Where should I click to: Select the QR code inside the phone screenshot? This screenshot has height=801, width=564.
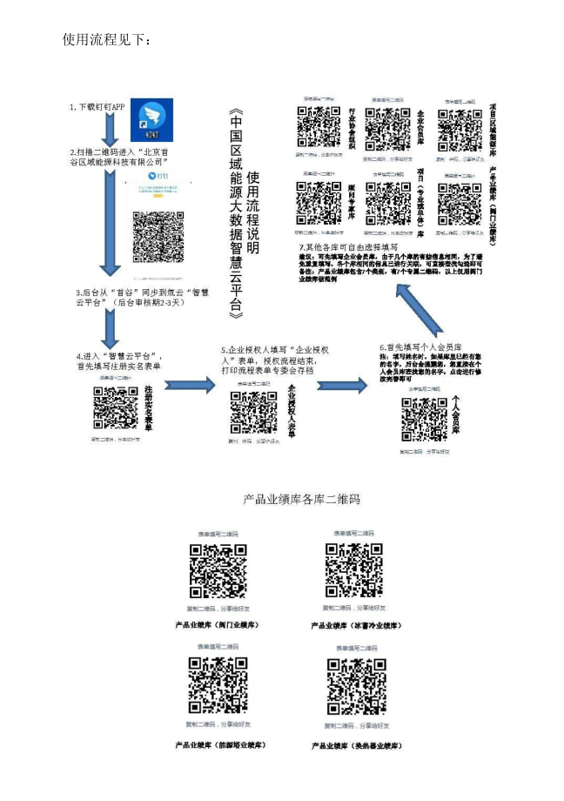[x=158, y=231]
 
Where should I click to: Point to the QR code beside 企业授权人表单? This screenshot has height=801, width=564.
[x=253, y=412]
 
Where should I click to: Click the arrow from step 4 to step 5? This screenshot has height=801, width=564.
[x=187, y=385]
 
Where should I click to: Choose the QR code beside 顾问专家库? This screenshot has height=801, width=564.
[x=319, y=203]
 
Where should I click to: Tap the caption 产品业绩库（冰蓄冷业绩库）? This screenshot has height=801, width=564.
[x=355, y=625]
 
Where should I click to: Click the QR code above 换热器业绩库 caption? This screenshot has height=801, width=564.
[x=356, y=687]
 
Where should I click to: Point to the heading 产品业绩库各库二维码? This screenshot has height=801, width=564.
[x=301, y=500]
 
